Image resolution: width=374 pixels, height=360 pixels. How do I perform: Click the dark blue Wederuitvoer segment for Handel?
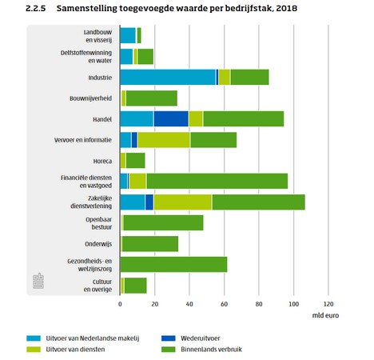point(171,119)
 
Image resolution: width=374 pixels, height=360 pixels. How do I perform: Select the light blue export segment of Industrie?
point(168,78)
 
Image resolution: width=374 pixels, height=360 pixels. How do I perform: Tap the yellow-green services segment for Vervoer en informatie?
point(164,140)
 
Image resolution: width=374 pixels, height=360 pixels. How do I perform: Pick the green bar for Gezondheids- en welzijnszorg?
point(173,265)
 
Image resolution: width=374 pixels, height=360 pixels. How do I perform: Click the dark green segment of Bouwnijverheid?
point(152,98)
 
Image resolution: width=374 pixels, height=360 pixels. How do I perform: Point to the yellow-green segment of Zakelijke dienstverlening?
point(183,202)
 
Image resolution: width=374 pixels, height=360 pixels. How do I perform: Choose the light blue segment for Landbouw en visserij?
point(128,35)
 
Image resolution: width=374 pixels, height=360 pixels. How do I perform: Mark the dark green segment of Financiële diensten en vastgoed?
point(217,181)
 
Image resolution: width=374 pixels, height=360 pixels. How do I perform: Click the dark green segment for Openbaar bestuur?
point(163,222)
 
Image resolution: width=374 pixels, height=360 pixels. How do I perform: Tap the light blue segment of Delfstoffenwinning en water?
point(126,57)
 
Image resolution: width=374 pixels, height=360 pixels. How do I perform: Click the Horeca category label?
point(102,161)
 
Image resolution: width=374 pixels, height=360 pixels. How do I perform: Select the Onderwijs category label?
point(98,244)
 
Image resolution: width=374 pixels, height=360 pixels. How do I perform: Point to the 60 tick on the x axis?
point(224,304)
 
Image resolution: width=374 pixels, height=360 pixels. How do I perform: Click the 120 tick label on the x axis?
point(328,304)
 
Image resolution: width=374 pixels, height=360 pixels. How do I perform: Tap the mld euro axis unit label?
point(325,315)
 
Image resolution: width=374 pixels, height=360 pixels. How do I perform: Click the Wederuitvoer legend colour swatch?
point(169,338)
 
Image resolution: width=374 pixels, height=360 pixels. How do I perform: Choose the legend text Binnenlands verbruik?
point(211,350)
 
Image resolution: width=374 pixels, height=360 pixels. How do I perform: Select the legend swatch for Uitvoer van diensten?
point(34,350)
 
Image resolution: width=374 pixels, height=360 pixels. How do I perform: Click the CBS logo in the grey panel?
point(38,281)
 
